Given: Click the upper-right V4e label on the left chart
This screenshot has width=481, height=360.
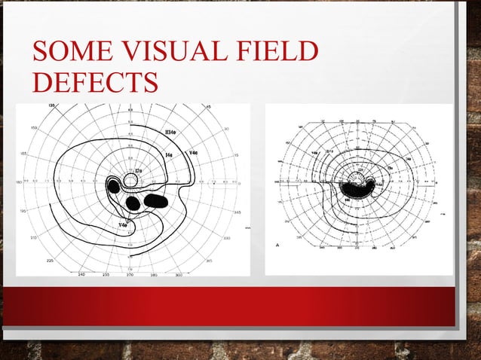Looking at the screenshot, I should (x=194, y=153).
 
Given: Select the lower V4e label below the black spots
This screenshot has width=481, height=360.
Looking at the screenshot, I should (x=122, y=224).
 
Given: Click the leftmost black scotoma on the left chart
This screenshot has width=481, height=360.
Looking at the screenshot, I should (x=114, y=185).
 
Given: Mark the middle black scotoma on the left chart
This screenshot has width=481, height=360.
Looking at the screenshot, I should (x=133, y=203).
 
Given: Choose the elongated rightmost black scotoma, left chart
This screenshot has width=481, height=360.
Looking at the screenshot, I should (x=156, y=200).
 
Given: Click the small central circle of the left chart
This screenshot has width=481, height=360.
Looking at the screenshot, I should (x=130, y=181).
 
